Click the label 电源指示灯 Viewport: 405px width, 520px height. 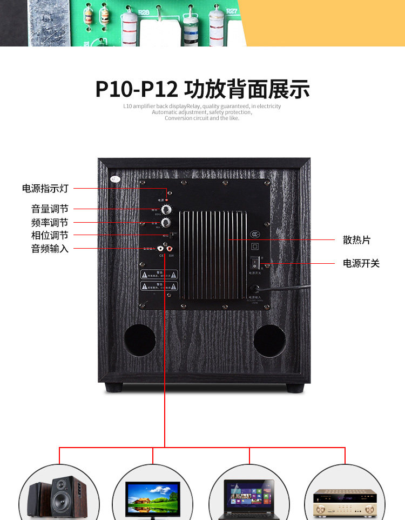(45, 189)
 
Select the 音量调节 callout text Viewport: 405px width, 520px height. (50, 209)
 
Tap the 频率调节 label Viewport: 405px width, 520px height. (50, 222)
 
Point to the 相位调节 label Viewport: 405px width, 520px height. (50, 235)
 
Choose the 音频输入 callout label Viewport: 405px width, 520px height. (50, 249)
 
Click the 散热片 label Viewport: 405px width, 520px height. (356, 240)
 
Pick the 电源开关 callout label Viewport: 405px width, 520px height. (361, 263)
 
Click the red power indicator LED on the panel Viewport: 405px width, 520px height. (167, 200)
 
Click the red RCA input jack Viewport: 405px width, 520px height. (171, 249)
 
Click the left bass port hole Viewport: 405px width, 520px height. (139, 340)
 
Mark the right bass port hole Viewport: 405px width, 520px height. (269, 341)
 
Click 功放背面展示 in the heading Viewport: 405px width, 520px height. (247, 89)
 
